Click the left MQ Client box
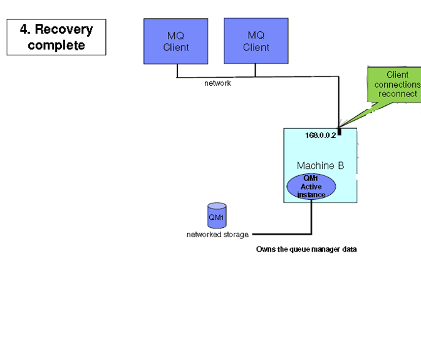pyautogui.click(x=175, y=41)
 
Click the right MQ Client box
pyautogui.click(x=256, y=41)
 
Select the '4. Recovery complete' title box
pyautogui.click(x=56, y=37)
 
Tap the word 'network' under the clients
pyautogui.click(x=217, y=83)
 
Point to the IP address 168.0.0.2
pyautogui.click(x=320, y=135)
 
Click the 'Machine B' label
pyautogui.click(x=320, y=166)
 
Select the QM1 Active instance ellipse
pyautogui.click(x=311, y=187)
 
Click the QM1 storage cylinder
pyautogui.click(x=217, y=216)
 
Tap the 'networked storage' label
pyautogui.click(x=217, y=235)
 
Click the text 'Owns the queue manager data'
pyautogui.click(x=306, y=249)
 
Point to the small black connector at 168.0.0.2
pyautogui.click(x=339, y=131)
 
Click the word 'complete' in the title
pyautogui.click(x=56, y=45)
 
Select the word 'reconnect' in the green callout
pyautogui.click(x=398, y=94)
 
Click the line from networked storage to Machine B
pyautogui.click(x=282, y=234)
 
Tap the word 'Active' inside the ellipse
pyautogui.click(x=311, y=187)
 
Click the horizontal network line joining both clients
pyautogui.click(x=216, y=77)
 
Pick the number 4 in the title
pyautogui.click(x=24, y=29)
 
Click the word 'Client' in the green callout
pyautogui.click(x=398, y=75)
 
